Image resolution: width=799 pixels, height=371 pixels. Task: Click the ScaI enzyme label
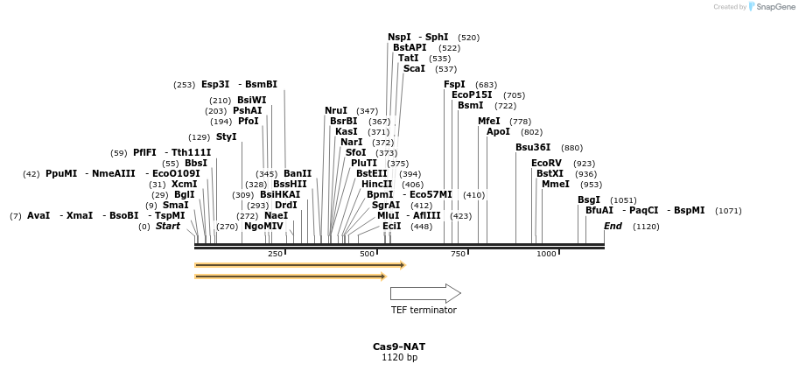pos(414,68)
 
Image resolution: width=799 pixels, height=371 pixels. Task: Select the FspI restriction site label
pos(454,84)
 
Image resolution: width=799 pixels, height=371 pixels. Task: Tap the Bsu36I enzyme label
pos(533,147)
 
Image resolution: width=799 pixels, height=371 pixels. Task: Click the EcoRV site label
pos(546,163)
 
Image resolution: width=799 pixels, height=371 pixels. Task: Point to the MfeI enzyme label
pos(488,121)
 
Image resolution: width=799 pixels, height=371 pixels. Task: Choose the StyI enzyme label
pos(226,136)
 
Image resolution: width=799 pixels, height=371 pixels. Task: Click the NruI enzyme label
pos(336,110)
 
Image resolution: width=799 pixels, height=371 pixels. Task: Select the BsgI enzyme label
pos(588,199)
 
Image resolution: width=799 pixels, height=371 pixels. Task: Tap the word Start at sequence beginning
pos(168,226)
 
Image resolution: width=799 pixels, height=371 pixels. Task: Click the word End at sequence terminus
pos(613,226)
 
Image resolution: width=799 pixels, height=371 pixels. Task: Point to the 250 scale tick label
pos(275,254)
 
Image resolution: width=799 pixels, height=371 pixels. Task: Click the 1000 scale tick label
pos(546,254)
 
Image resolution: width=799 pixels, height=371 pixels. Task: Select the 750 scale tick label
pos(458,254)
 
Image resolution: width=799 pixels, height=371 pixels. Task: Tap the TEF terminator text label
pos(424,310)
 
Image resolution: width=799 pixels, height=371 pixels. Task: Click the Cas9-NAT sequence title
pos(399,346)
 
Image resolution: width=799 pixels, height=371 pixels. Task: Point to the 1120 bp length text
pos(399,357)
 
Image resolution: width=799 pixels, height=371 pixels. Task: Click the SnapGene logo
pos(773,7)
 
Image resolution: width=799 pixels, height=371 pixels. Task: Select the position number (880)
pos(571,148)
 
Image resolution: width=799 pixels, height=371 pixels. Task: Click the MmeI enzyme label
pos(555,184)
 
